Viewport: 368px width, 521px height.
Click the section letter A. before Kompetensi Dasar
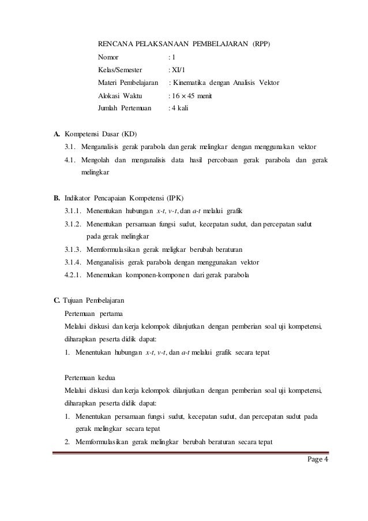coord(58,134)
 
